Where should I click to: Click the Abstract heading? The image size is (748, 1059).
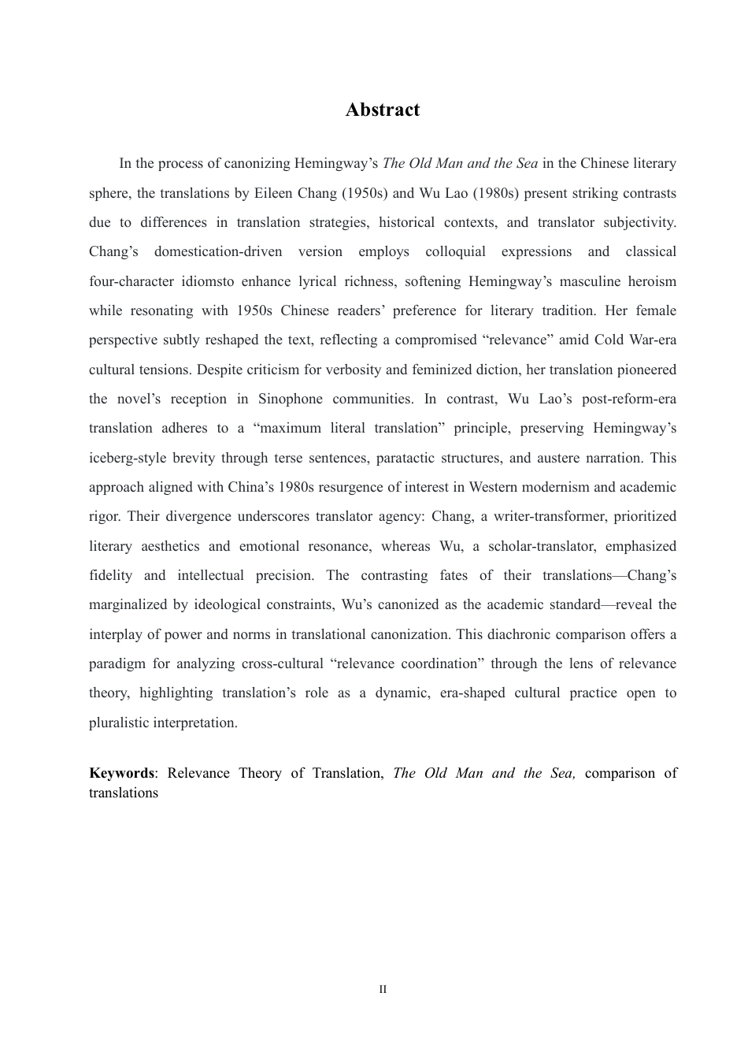point(383,110)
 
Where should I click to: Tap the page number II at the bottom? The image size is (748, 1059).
point(383,990)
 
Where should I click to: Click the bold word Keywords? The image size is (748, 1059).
point(121,773)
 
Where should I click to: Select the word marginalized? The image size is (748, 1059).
point(128,605)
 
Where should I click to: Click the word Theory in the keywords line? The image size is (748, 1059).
point(260,773)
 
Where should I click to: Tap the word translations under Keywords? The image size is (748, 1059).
point(124,793)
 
